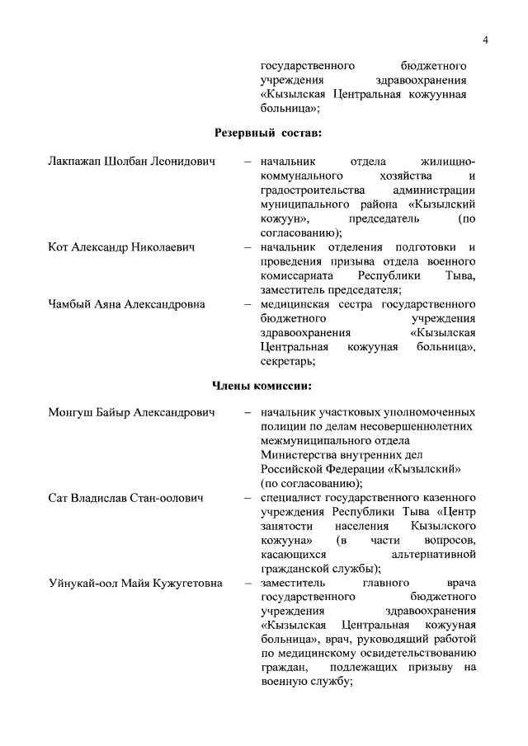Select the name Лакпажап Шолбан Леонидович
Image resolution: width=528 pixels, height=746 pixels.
click(x=132, y=162)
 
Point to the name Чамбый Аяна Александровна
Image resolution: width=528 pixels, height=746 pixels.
click(x=127, y=304)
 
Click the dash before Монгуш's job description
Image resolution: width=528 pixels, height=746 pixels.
click(x=247, y=412)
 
